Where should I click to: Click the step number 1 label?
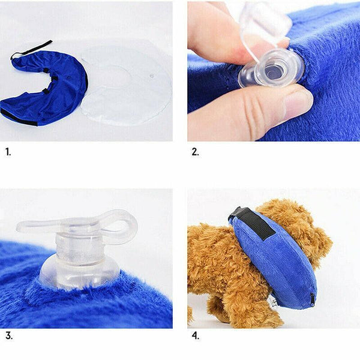point(8,152)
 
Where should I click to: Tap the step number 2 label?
point(195,152)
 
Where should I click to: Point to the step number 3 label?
point(8,335)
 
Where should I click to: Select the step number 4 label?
point(195,335)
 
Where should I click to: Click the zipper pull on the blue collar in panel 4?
point(313,298)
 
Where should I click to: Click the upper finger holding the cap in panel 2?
point(216,30)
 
